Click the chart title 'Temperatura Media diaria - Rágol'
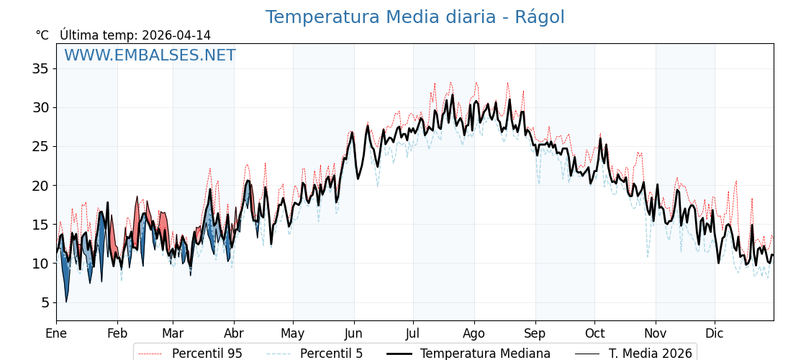tap(415, 17)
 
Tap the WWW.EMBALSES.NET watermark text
tap(150, 55)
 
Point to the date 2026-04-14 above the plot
tap(176, 35)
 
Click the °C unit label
tap(42, 35)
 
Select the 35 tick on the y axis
tap(40, 69)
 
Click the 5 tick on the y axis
tap(45, 302)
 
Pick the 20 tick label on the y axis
tap(40, 186)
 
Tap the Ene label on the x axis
tap(56, 333)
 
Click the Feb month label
tap(117, 333)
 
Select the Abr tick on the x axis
tap(234, 333)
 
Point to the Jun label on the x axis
tap(353, 333)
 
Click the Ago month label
tap(474, 333)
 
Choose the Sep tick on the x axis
tap(535, 333)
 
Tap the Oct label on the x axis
tap(594, 333)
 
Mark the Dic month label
tap(715, 333)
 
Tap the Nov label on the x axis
tap(656, 333)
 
